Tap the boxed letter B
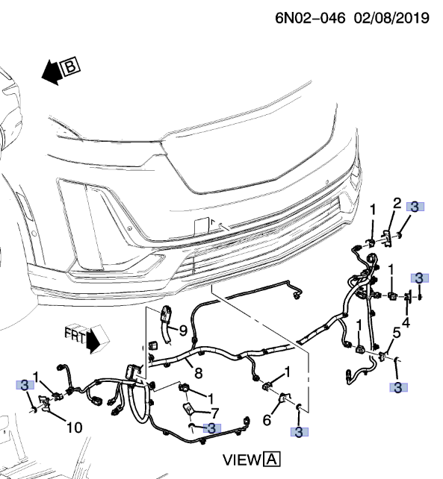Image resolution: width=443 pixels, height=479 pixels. point(72,68)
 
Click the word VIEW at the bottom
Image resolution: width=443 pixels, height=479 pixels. point(241,458)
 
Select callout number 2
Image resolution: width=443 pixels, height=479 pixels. point(397,203)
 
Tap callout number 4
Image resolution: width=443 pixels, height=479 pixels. point(406,322)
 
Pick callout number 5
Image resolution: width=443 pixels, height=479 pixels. point(397,333)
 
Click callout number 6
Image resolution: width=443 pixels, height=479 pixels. point(266,421)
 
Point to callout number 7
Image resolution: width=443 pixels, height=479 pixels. point(214,412)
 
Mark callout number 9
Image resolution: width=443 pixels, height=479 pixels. point(181,329)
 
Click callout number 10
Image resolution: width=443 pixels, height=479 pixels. point(75,428)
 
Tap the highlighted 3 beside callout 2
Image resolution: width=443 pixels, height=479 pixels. point(415,207)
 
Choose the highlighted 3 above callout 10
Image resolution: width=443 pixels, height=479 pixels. point(25,386)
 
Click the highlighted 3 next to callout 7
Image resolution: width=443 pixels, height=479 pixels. point(212,428)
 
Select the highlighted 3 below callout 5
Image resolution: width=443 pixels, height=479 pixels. point(398,386)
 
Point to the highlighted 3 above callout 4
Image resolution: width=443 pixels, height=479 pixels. point(420,278)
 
